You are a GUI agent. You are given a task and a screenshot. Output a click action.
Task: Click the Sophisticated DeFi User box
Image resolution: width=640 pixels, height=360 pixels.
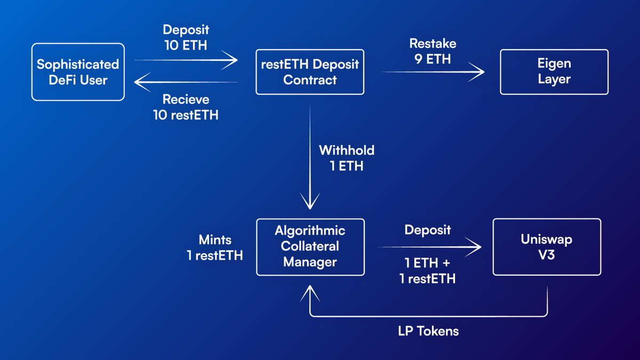click(x=78, y=72)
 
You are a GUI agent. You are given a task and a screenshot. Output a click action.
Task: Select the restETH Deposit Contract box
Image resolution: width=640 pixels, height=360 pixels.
click(x=310, y=72)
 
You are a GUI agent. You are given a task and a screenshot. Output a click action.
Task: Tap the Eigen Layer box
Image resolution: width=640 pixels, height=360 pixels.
click(x=554, y=72)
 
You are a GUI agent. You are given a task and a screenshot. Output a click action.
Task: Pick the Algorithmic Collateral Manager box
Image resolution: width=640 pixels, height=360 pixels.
click(x=310, y=246)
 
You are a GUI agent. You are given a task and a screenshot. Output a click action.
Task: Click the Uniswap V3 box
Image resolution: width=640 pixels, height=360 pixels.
click(x=547, y=246)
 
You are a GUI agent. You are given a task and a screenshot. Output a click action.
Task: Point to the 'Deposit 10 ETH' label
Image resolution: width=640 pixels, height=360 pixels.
click(x=185, y=37)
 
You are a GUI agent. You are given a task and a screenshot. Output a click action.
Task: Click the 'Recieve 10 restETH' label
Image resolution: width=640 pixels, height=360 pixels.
click(x=186, y=107)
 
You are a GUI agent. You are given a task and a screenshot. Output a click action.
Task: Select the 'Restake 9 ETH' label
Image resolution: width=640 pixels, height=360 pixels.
click(x=433, y=51)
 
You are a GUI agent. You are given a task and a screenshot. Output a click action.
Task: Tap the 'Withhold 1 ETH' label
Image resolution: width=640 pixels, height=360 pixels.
click(x=347, y=158)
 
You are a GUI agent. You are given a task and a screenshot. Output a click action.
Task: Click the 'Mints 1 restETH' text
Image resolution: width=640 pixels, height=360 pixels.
click(x=215, y=248)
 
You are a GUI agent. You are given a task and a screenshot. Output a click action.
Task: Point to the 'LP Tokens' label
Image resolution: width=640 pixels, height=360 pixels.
click(x=428, y=331)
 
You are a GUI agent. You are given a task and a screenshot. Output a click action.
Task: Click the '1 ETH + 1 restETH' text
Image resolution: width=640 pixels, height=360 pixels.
click(x=427, y=270)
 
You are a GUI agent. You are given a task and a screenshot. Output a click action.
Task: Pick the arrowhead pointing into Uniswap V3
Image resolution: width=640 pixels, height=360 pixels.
click(x=474, y=247)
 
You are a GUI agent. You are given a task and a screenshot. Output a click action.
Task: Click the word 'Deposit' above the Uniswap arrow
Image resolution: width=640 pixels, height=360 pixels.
click(x=427, y=230)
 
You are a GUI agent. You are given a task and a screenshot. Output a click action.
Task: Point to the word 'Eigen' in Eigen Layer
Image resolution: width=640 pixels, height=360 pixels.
click(x=554, y=63)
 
